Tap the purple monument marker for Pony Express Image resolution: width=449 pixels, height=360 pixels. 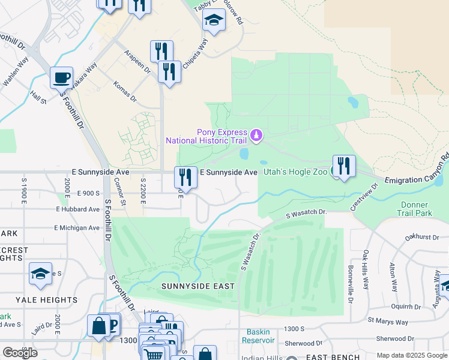257,136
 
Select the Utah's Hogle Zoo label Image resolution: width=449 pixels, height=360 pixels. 292,172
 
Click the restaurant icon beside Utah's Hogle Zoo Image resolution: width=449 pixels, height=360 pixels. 344,166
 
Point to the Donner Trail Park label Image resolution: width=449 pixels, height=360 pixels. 415,208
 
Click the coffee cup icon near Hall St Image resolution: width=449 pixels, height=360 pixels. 61,77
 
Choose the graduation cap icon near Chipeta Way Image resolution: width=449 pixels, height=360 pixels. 214,21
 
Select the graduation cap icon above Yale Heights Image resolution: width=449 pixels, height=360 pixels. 40,274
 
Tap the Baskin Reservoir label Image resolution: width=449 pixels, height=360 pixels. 258,336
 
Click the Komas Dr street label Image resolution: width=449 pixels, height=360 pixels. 125,94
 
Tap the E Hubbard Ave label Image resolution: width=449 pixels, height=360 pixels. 78,209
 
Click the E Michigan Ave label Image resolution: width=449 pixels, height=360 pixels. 77,228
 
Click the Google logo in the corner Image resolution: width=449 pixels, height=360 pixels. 20,353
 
